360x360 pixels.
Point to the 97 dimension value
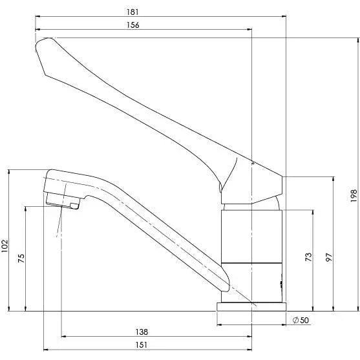[x=329, y=257]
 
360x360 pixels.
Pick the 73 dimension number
[x=308, y=257]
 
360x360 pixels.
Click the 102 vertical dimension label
[x=6, y=246]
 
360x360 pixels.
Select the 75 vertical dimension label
[x=21, y=259]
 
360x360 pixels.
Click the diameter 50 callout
[x=300, y=321]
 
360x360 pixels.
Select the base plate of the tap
[x=251, y=306]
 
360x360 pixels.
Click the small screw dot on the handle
[x=253, y=164]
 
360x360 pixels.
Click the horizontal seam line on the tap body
[x=251, y=264]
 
